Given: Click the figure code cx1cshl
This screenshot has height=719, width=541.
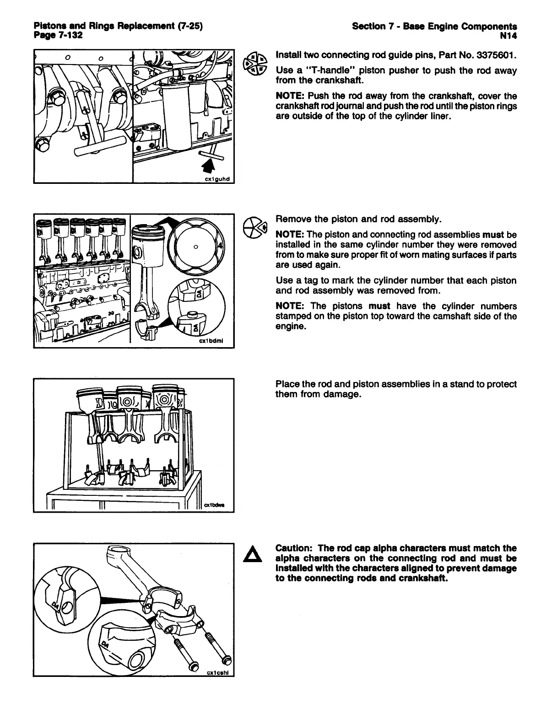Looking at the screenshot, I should [218, 672].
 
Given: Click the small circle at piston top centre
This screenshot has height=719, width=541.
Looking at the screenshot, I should [195, 247].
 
